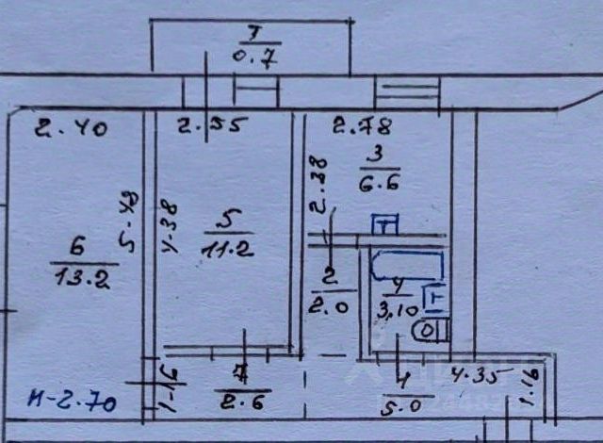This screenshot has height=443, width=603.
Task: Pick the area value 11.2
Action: pyautogui.click(x=224, y=248)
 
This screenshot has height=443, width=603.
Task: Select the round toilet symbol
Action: pyautogui.click(x=429, y=331)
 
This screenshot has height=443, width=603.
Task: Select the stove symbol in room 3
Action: pyautogui.click(x=384, y=224)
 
